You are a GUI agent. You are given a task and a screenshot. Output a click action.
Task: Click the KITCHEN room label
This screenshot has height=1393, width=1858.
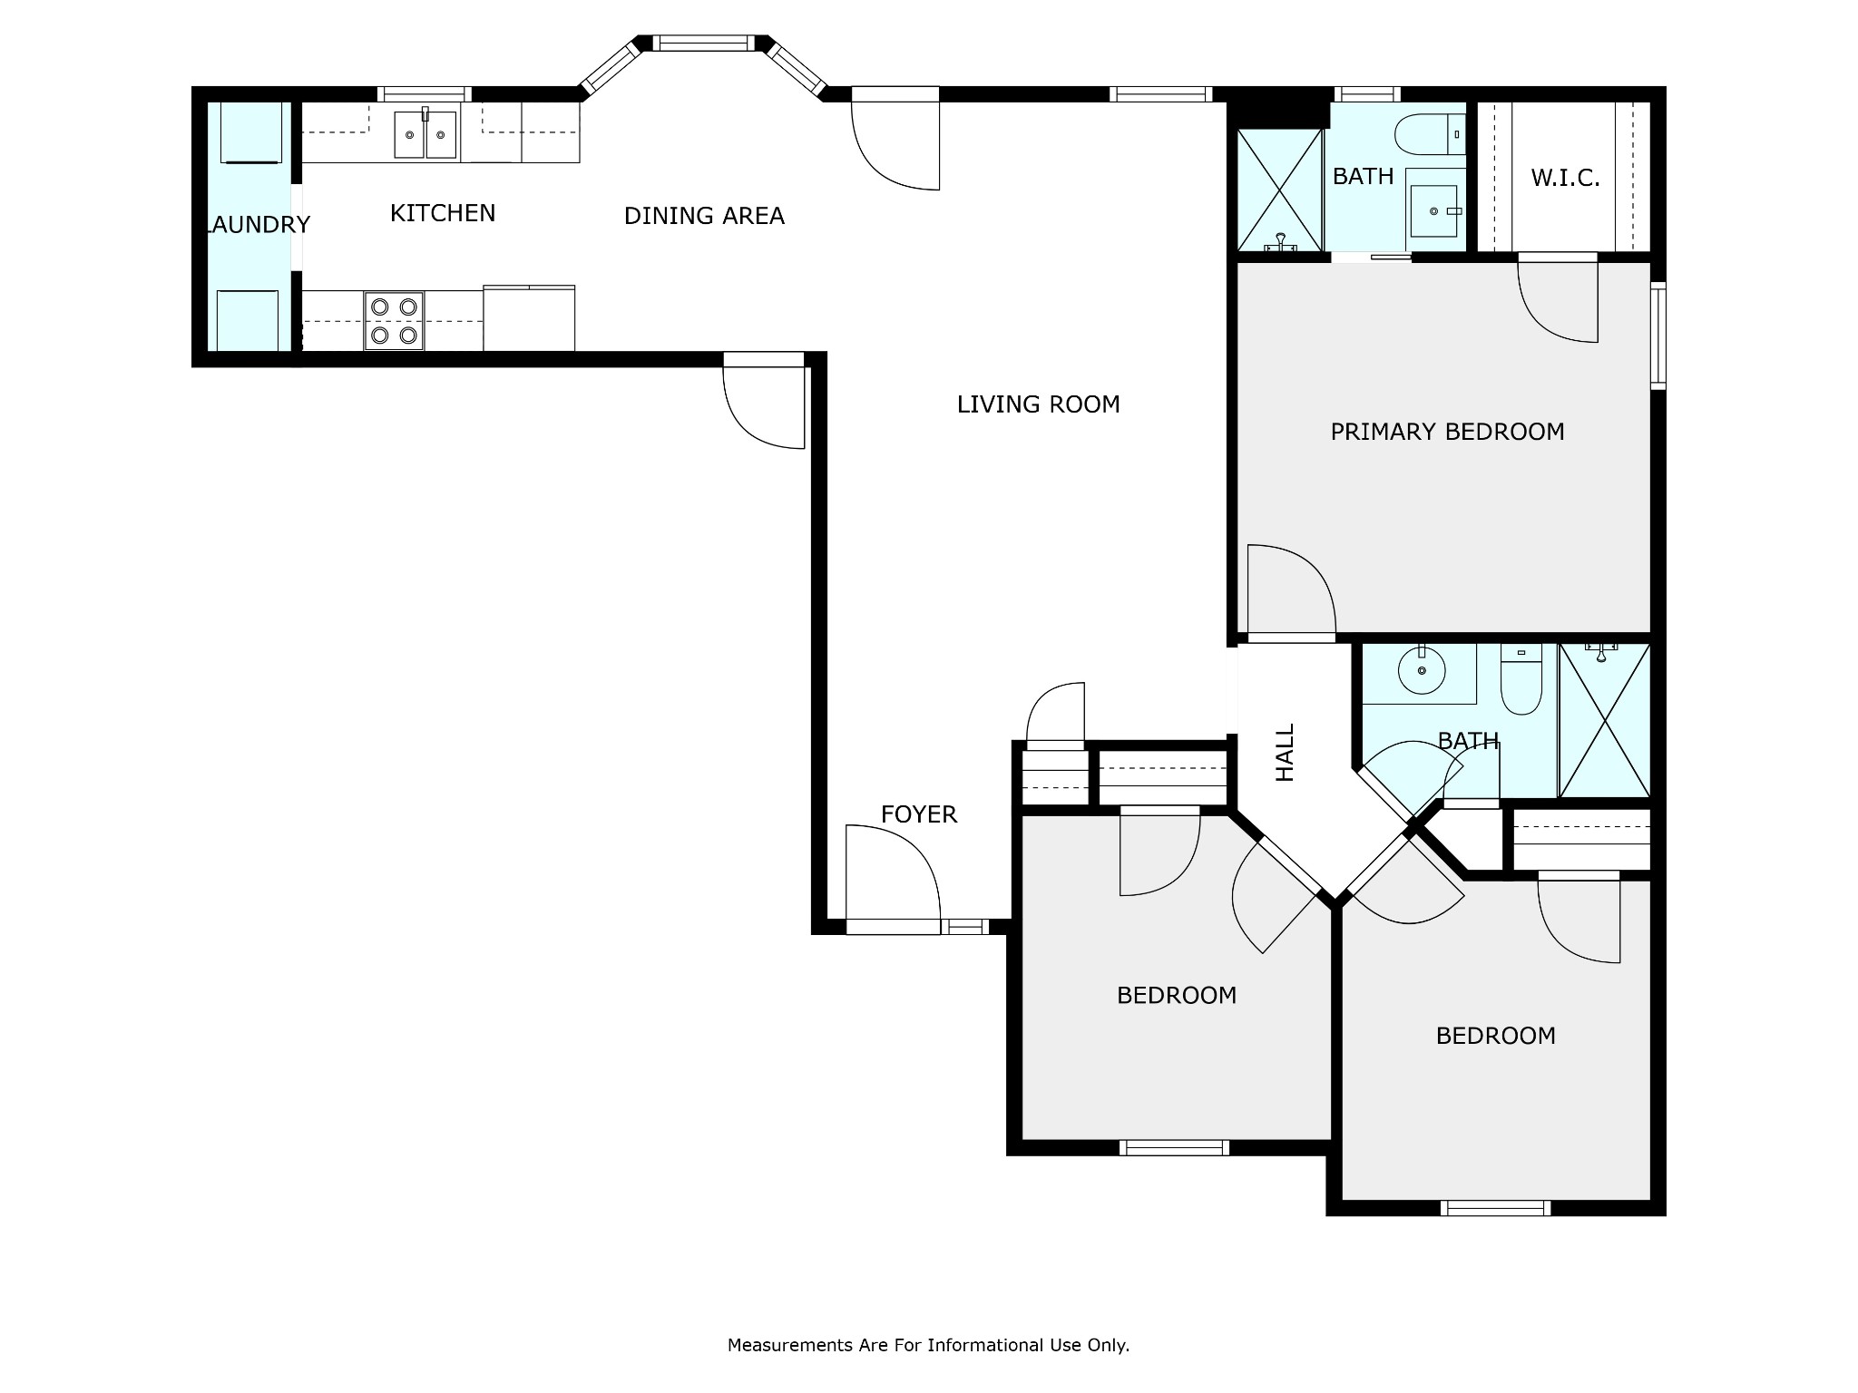click(443, 213)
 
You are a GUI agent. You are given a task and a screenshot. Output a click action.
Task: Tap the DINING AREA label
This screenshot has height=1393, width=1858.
click(704, 216)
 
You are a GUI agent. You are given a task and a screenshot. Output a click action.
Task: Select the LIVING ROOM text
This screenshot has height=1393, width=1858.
click(1038, 404)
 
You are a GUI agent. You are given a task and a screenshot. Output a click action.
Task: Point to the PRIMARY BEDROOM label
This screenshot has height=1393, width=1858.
click(1447, 432)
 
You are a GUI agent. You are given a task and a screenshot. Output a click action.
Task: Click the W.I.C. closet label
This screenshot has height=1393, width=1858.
click(1565, 178)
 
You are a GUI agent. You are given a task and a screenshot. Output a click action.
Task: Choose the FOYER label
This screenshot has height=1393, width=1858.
click(918, 814)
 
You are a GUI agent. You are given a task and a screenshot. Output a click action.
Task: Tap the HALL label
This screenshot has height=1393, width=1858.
click(1285, 752)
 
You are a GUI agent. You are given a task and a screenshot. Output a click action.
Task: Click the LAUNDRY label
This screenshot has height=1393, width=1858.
click(259, 224)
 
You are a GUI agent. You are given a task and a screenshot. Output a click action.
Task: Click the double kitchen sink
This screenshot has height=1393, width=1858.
click(425, 133)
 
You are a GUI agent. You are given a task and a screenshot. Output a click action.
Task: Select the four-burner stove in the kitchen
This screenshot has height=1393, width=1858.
click(394, 321)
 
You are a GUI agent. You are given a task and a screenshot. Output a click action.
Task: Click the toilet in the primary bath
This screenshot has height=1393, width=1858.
click(1430, 134)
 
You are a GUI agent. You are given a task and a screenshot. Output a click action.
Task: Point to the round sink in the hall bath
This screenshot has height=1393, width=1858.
click(1420, 670)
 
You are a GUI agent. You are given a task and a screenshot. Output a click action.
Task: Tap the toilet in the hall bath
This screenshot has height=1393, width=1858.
click(1521, 679)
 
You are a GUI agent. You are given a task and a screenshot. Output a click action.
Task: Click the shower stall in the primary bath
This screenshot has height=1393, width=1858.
click(1280, 190)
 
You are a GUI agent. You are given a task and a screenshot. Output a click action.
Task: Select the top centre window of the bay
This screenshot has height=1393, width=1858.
click(703, 43)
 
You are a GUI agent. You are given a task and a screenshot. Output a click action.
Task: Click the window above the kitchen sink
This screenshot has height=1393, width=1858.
click(424, 93)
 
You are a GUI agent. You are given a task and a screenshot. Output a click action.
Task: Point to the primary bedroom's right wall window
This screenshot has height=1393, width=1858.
click(1658, 336)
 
